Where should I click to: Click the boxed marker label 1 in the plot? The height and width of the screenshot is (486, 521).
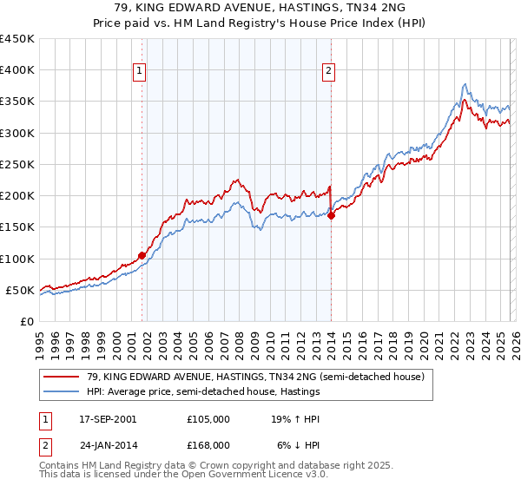coord(141,72)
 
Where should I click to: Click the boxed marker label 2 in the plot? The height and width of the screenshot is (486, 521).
coord(330,72)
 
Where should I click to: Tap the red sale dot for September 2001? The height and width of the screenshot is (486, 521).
coord(142,255)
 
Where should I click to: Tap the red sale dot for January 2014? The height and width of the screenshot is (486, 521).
coord(331,216)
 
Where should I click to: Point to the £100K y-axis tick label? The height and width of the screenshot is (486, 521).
coord(17,259)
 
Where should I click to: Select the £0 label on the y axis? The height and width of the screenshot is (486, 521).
coord(26,321)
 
